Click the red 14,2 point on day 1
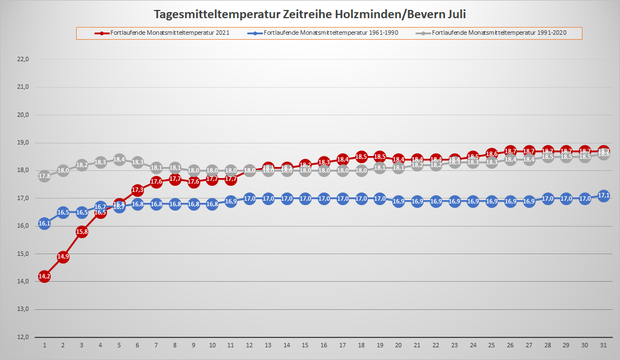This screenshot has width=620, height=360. coord(45,276)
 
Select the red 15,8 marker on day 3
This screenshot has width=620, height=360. coord(82,232)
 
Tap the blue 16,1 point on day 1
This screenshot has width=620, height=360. coord(45,223)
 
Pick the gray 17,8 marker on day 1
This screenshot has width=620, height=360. coord(45,176)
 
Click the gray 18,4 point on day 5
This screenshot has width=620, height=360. coord(119,160)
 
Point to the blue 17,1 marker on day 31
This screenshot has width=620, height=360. coord(603,196)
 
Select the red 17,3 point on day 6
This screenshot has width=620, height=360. coord(138,190)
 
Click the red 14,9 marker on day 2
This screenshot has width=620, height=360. coord(63,257)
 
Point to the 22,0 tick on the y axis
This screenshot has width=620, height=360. coord(23,59)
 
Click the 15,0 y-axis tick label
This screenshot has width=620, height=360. coord(23,254)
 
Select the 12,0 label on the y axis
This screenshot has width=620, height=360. coord(23,337)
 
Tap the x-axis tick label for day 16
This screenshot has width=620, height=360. coord(324,345)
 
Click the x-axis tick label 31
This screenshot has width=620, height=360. coord(603,345)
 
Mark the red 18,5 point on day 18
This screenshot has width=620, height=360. coord(361,157)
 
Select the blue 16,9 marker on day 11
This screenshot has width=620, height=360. coord(231,201)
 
